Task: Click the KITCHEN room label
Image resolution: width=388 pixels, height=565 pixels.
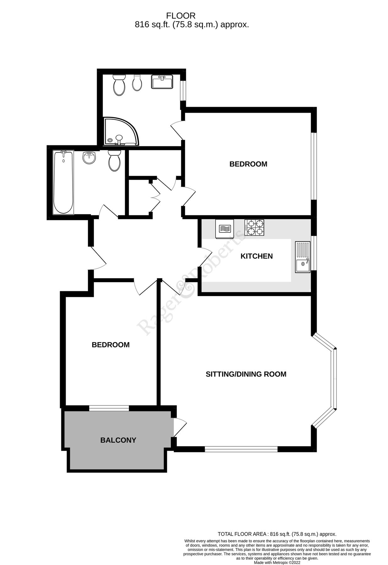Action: [256, 256]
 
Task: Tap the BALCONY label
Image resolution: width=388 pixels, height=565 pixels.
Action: [118, 440]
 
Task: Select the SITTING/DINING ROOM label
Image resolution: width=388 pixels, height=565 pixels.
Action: [246, 374]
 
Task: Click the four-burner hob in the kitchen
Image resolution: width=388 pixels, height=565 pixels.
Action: [254, 228]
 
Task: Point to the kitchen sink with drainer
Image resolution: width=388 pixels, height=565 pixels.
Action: [303, 257]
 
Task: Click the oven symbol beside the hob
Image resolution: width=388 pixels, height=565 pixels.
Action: [224, 228]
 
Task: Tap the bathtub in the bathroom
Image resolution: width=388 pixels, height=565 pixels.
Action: [63, 182]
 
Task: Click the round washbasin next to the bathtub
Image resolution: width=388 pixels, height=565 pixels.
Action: [90, 158]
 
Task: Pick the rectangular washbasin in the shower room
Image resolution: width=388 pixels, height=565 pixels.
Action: [162, 82]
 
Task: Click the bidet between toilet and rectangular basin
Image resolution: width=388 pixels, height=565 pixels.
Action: [137, 83]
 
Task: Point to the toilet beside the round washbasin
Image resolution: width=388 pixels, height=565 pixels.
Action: [114, 160]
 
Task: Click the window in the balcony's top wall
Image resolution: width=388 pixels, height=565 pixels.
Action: [109, 408]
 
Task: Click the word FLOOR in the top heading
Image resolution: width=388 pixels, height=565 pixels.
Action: [181, 16]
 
